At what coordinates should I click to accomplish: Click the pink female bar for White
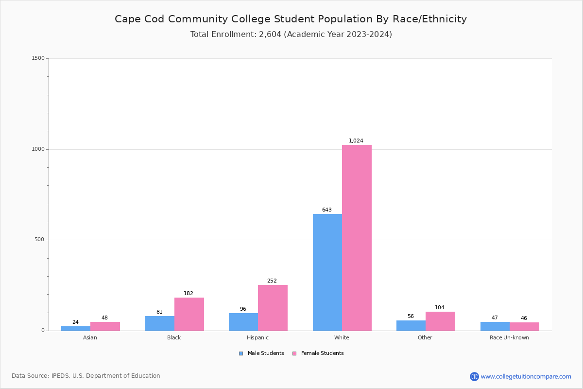click(357, 238)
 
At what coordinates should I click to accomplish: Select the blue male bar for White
click(327, 272)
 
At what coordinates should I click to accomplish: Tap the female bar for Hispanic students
click(273, 308)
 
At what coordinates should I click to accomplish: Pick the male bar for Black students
click(160, 323)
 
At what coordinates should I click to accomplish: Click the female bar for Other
click(440, 321)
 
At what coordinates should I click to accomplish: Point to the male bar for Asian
click(76, 328)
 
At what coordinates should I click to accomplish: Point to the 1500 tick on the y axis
click(38, 58)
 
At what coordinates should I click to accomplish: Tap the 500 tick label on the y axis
click(39, 240)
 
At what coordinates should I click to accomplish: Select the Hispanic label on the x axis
click(257, 337)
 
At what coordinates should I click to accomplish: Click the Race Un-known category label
click(509, 337)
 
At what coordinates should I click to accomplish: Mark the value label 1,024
click(356, 141)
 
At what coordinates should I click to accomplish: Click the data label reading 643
click(326, 210)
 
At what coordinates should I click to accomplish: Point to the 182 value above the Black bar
click(189, 294)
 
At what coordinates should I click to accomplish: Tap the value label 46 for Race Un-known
click(524, 318)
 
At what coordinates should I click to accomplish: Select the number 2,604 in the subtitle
click(270, 35)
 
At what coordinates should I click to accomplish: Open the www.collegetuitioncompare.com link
click(526, 376)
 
